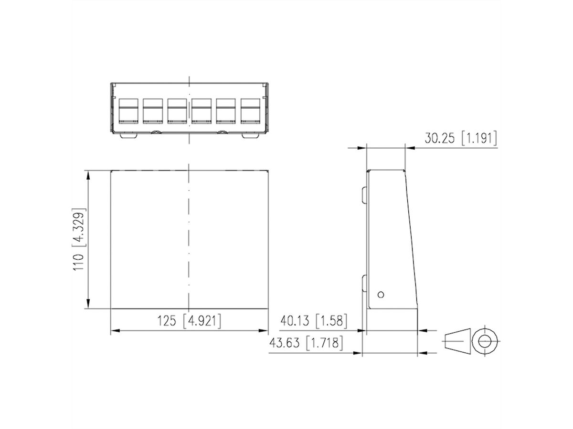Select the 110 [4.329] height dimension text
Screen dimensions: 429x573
(79, 240)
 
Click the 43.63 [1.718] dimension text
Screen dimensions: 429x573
(306, 343)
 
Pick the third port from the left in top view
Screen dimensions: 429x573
(177, 111)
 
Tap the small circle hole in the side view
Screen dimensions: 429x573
(381, 294)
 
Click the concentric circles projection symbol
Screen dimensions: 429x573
(485, 340)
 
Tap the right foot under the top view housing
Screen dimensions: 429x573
(251, 136)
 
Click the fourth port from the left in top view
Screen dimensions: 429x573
(201, 111)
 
